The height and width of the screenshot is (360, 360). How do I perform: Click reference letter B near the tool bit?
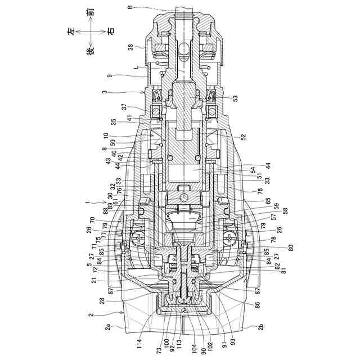coord(130,8)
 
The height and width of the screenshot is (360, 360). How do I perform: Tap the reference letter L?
coord(137,66)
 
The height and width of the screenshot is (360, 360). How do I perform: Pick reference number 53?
coord(235,98)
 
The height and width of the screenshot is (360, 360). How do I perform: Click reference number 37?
coord(124,107)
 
